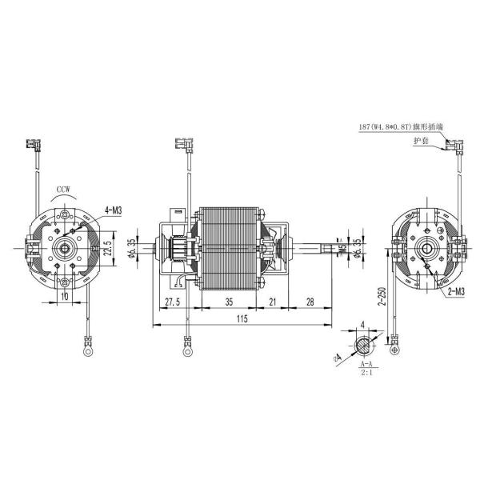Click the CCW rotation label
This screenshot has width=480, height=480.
64,190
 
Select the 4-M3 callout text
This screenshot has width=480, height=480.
112,210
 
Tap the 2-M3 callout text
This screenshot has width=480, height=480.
453,294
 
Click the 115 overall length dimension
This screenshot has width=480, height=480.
242,318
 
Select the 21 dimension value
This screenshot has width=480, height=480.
272,302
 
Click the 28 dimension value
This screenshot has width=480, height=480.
310,302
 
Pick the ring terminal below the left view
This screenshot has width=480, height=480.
82,348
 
